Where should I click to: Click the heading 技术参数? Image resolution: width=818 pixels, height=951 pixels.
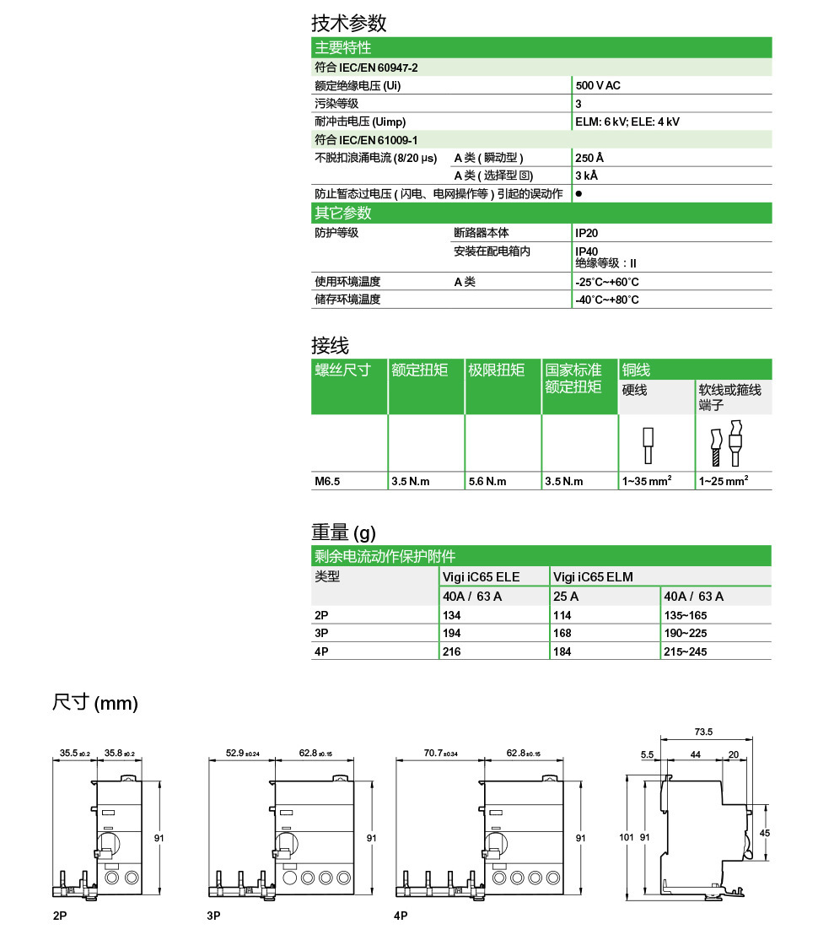pos(348,23)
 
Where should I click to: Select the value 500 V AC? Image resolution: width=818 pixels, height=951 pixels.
pos(598,85)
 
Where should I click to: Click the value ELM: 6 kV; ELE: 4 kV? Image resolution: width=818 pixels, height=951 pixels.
pos(627,122)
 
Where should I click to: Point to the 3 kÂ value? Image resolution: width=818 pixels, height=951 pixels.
pos(589,176)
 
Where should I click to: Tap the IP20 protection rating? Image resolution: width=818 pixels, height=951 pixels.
pos(587,232)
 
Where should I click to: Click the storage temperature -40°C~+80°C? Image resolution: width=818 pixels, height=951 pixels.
pos(606,300)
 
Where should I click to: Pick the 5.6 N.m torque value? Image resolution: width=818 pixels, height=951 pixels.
pos(487,481)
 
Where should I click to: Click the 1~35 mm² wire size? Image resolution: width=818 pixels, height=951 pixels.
pos(646,481)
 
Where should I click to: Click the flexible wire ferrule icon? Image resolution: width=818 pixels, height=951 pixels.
pos(724,444)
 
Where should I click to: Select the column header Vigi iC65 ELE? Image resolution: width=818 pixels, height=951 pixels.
pos(481,577)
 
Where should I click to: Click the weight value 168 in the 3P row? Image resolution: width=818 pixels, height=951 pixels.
pos(562,634)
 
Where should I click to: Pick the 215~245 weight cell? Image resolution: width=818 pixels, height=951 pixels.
pos(685,652)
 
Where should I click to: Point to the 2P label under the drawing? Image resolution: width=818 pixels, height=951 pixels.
pos(59,916)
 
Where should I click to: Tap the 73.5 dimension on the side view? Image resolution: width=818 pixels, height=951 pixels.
pos(703,732)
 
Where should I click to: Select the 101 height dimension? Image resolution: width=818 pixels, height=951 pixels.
pos(626,837)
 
